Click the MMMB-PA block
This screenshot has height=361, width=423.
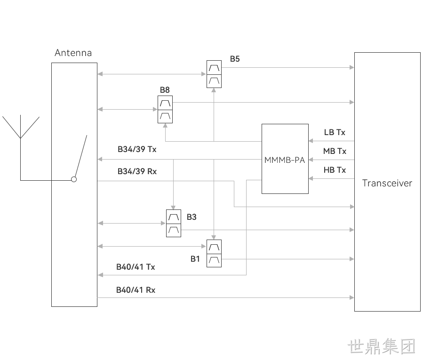(x=285, y=159)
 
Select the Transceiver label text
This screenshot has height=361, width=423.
(x=387, y=183)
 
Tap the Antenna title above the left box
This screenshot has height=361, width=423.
(x=73, y=53)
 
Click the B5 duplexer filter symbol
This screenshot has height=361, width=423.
(x=214, y=74)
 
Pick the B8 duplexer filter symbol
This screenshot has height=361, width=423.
(x=165, y=110)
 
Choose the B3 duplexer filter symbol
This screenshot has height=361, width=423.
(x=174, y=224)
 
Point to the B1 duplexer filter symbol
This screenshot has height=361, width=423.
(x=214, y=253)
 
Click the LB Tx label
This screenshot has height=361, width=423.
(x=335, y=132)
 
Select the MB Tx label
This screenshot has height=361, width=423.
(x=335, y=151)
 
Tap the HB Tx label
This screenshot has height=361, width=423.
(x=335, y=170)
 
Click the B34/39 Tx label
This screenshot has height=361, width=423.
(x=137, y=149)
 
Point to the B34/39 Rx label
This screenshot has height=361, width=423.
(x=137, y=171)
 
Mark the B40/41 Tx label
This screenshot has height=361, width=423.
(x=136, y=267)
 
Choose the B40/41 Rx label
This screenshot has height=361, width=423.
(x=136, y=290)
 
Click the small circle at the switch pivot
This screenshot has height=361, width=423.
(x=74, y=179)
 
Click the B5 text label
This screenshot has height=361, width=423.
(x=235, y=59)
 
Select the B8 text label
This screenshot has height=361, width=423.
(x=165, y=90)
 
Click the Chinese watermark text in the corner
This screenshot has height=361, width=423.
(x=381, y=346)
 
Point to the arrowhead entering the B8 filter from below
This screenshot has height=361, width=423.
(x=165, y=126)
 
